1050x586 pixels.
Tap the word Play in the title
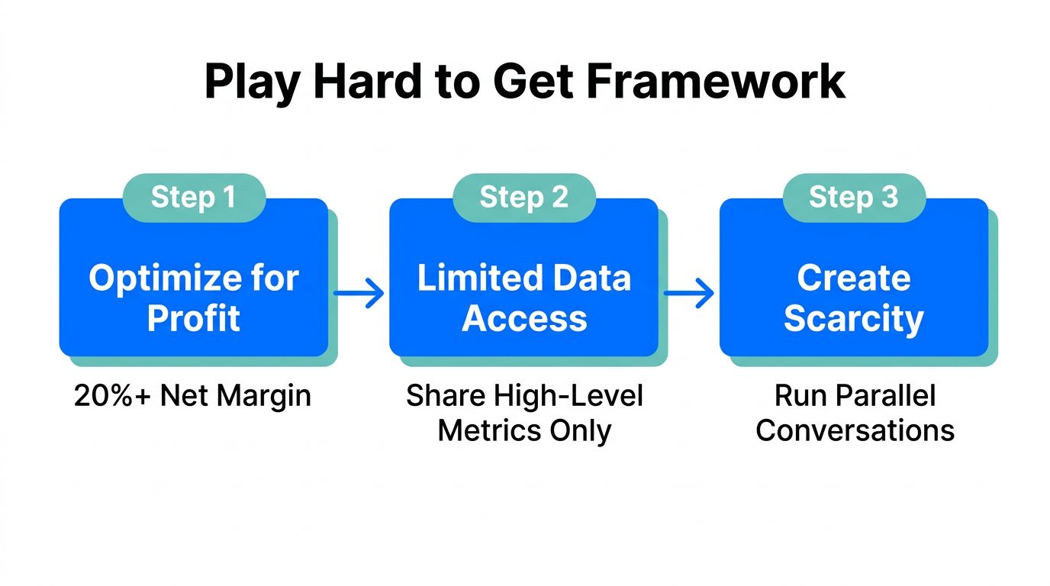[x=252, y=82]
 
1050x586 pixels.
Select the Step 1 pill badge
[x=194, y=197]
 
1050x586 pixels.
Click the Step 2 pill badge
[x=524, y=197]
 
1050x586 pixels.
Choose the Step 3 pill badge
[x=854, y=197]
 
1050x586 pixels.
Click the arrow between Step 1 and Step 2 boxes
[x=359, y=292]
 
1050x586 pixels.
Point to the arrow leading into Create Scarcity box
[x=689, y=292]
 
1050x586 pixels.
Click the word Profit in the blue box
[x=194, y=318]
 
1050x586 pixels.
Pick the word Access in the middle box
[x=524, y=318]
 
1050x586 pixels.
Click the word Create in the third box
[x=854, y=279]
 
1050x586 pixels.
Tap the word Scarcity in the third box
[x=854, y=318]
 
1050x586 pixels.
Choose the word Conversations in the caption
[x=855, y=431]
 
